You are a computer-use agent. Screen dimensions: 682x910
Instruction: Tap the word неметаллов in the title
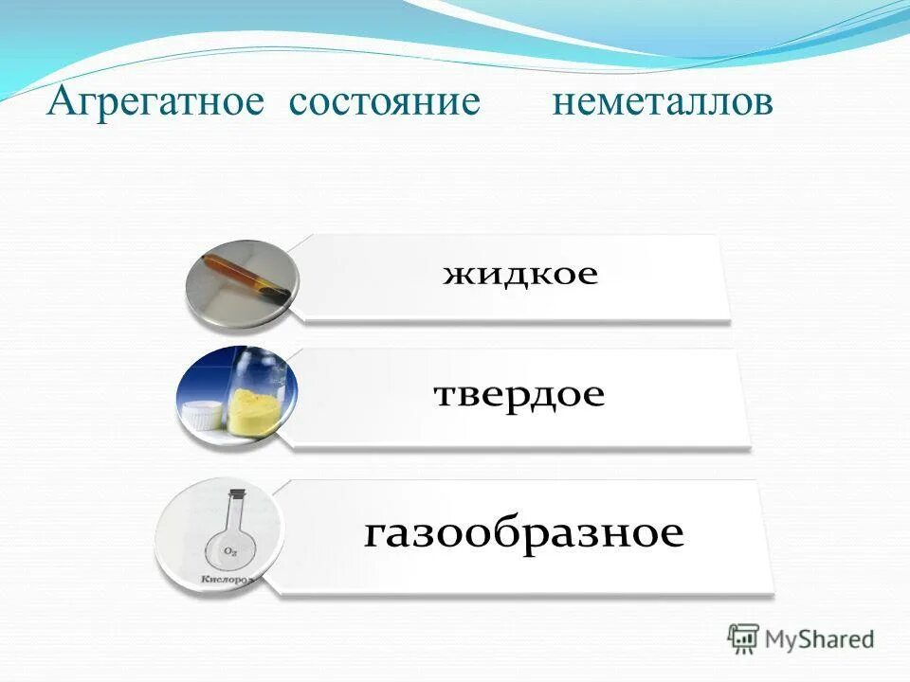coord(662,103)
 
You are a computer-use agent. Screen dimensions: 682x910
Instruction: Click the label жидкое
coord(520,276)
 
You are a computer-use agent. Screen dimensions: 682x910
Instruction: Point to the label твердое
coord(519,395)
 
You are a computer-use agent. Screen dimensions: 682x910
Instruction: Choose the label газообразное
coord(523,533)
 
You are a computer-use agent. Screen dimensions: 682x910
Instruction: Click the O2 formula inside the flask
coord(230,550)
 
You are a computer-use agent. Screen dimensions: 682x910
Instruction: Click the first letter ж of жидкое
coord(457,276)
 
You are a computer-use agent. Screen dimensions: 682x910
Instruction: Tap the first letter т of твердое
coord(444,395)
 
